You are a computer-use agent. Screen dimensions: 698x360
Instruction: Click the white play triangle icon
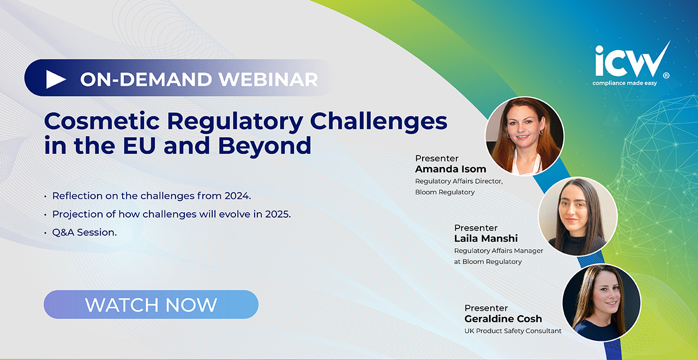click(x=55, y=79)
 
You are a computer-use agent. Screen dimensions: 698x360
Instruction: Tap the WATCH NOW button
click(x=151, y=304)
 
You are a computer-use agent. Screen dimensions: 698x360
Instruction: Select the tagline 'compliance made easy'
click(x=624, y=83)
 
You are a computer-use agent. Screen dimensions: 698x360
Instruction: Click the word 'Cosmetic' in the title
click(x=102, y=121)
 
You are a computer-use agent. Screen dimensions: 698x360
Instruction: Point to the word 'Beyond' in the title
click(x=264, y=146)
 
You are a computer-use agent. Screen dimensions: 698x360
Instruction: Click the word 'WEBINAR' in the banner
click(x=268, y=79)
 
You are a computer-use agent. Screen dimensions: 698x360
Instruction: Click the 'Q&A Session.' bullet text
click(x=85, y=232)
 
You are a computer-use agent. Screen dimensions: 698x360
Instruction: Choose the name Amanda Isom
click(x=450, y=169)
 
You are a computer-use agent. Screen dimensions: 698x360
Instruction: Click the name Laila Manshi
click(x=486, y=238)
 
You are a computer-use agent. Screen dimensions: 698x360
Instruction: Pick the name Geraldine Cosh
click(x=503, y=319)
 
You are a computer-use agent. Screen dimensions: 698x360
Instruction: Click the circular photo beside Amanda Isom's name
click(x=525, y=136)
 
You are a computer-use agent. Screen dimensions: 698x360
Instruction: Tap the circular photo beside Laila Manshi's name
click(x=578, y=217)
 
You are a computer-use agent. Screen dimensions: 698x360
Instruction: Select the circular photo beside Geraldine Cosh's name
click(x=601, y=302)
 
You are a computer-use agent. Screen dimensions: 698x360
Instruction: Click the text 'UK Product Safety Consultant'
click(x=513, y=331)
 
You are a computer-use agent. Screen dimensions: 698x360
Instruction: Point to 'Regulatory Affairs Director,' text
click(x=459, y=182)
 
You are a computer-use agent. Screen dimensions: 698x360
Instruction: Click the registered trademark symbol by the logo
click(x=666, y=76)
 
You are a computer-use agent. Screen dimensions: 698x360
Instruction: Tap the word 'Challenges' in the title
click(x=378, y=122)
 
